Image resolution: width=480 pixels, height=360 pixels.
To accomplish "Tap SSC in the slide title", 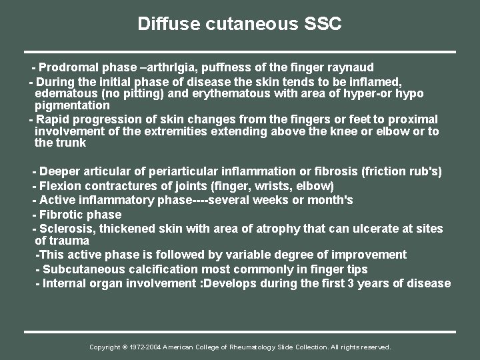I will (x=321, y=25).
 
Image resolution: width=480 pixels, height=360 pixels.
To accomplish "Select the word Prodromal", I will (x=72, y=67).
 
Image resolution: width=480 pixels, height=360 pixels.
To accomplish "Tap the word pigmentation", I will (x=72, y=105).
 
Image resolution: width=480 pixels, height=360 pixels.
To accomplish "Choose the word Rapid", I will (x=56, y=119).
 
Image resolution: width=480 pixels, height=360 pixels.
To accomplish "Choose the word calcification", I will (x=163, y=269).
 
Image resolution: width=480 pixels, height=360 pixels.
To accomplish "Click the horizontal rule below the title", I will (x=240, y=51).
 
